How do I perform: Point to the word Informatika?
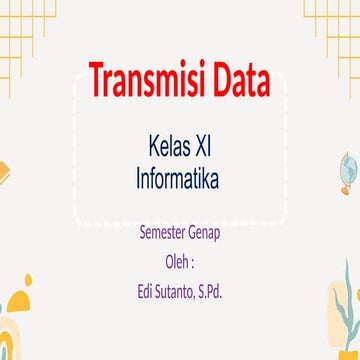point(178,179)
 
